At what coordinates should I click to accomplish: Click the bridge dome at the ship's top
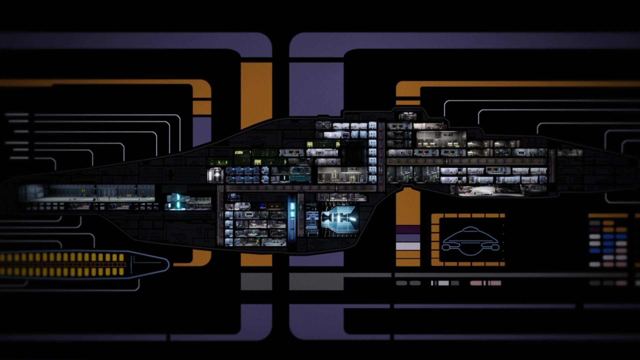point(407,116)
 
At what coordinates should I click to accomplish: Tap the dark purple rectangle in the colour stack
point(408,230)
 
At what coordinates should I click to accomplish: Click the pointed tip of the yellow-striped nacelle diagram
point(167,265)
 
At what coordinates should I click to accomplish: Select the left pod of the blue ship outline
point(447,247)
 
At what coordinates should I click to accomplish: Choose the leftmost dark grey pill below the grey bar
point(401,283)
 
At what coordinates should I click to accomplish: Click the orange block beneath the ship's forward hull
point(408,207)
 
